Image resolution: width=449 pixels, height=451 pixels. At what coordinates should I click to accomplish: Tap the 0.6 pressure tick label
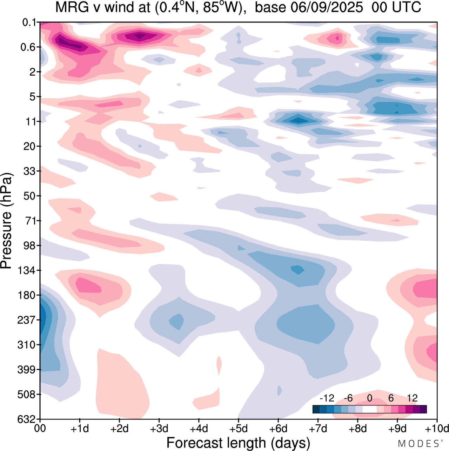point(28,47)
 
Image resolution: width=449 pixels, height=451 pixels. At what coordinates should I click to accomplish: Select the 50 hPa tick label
point(30,196)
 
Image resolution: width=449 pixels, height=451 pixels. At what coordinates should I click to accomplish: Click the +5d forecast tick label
point(239,429)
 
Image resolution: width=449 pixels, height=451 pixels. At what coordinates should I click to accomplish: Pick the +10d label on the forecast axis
point(437,429)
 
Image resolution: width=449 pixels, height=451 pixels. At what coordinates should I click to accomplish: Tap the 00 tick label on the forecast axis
point(40,429)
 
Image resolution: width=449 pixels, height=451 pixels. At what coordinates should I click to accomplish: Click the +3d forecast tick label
point(159,429)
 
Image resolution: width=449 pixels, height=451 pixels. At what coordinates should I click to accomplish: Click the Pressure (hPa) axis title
point(6,221)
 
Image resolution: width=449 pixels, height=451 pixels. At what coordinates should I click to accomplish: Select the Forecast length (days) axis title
point(238,443)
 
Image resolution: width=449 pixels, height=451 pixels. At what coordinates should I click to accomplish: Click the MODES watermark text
point(418,444)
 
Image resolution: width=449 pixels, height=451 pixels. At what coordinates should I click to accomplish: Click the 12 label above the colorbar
point(412,398)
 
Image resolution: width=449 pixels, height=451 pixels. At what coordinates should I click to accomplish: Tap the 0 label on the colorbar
point(370,398)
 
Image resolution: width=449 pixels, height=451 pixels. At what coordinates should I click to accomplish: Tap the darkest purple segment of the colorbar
point(423,409)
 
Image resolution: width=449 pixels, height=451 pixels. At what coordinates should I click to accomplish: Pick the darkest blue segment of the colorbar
point(316,409)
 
